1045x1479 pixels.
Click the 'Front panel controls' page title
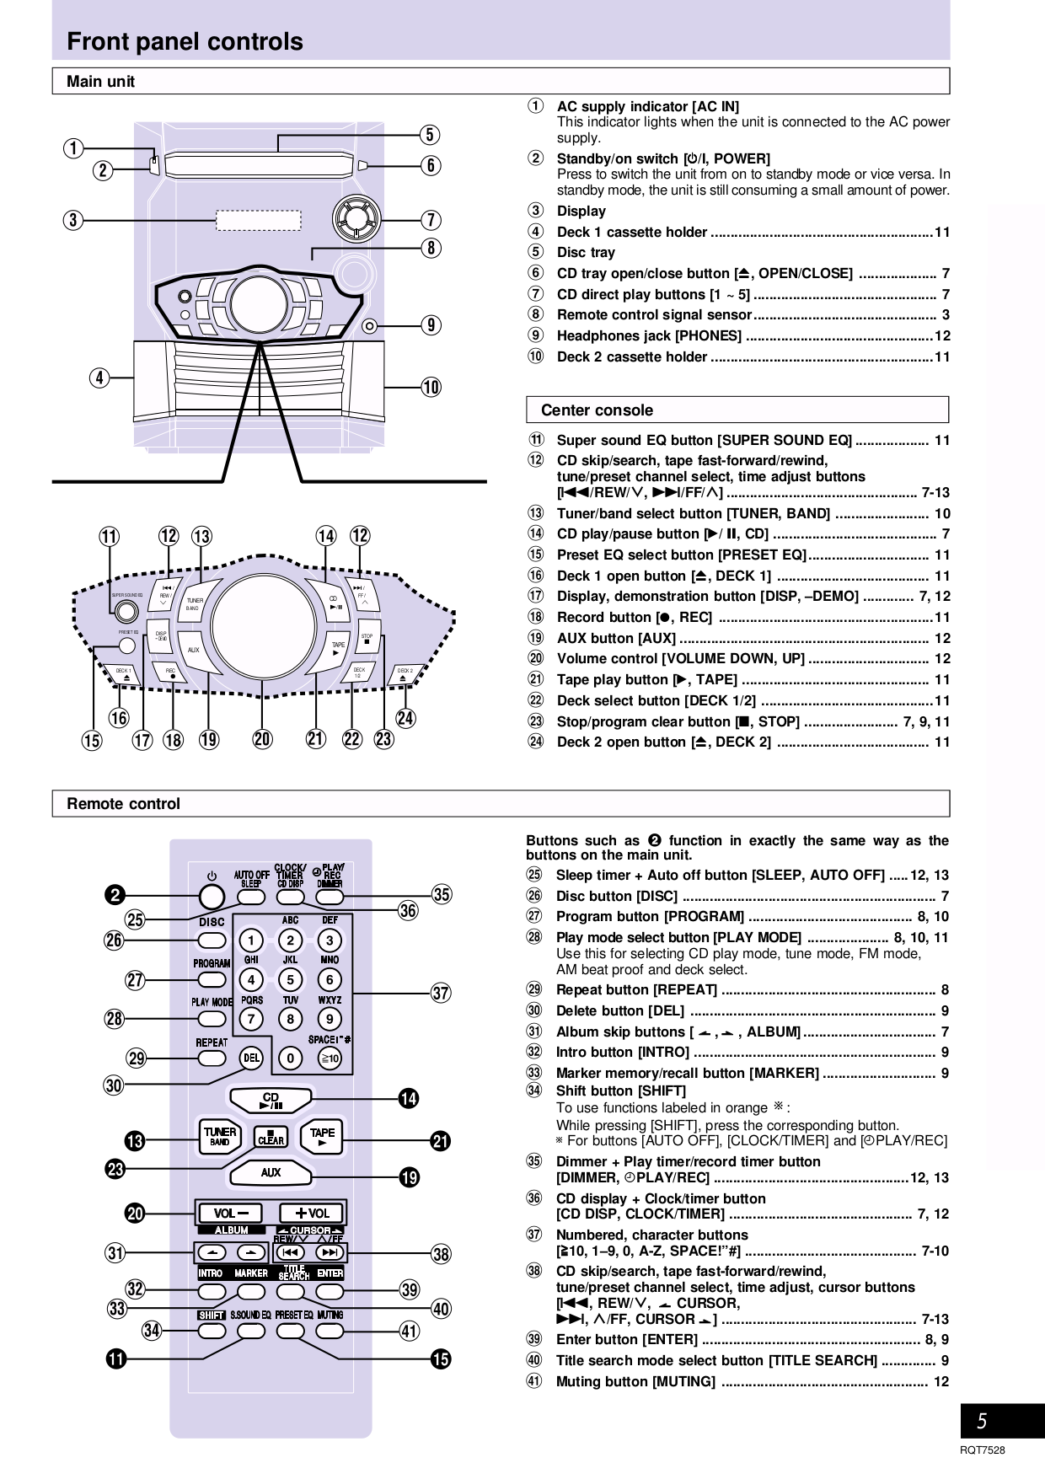pos(185,41)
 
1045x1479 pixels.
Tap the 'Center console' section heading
pos(597,410)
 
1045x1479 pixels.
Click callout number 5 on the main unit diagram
pos(430,135)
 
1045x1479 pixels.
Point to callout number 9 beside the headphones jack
pos(431,325)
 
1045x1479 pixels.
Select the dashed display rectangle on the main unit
pos(259,221)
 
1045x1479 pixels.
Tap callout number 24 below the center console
pos(405,718)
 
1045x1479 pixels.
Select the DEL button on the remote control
pos(251,1058)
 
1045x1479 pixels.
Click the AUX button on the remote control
pos(271,1172)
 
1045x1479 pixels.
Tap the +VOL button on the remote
pos(313,1214)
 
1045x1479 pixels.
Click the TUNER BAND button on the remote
pos(220,1137)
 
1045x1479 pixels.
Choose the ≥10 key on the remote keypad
pos(330,1058)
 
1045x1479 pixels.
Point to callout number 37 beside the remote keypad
pos(441,993)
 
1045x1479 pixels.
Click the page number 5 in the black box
pos(982,1422)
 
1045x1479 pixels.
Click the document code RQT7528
pos(983,1450)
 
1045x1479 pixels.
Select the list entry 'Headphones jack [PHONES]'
pos(649,336)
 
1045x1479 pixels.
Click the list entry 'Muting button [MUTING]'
pos(635,1381)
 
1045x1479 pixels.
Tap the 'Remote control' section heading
pos(123,804)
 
